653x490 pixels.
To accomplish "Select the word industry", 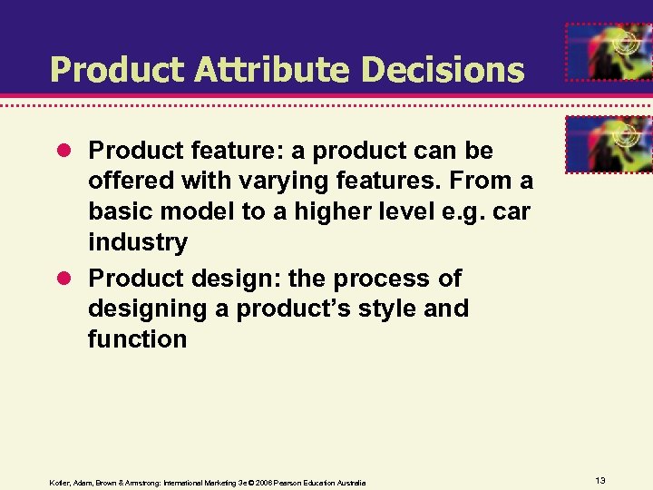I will pos(138,242).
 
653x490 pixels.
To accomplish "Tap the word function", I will pos(137,339).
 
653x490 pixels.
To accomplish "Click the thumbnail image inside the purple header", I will pos(609,51).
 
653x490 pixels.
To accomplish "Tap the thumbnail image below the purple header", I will pos(609,144).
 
